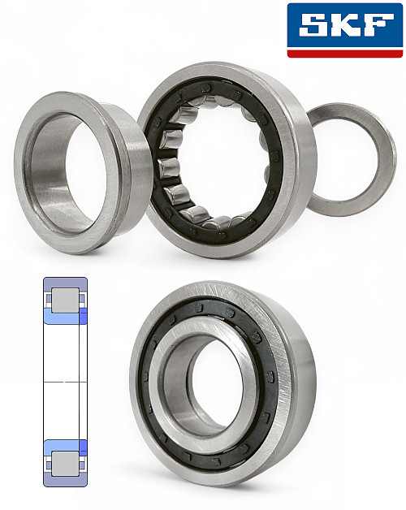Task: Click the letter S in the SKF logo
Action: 314,24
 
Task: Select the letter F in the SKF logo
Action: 378,24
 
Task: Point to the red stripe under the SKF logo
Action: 345,54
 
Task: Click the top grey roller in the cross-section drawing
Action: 66,300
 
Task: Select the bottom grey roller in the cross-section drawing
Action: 66,464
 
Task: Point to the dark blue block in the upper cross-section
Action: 84,317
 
